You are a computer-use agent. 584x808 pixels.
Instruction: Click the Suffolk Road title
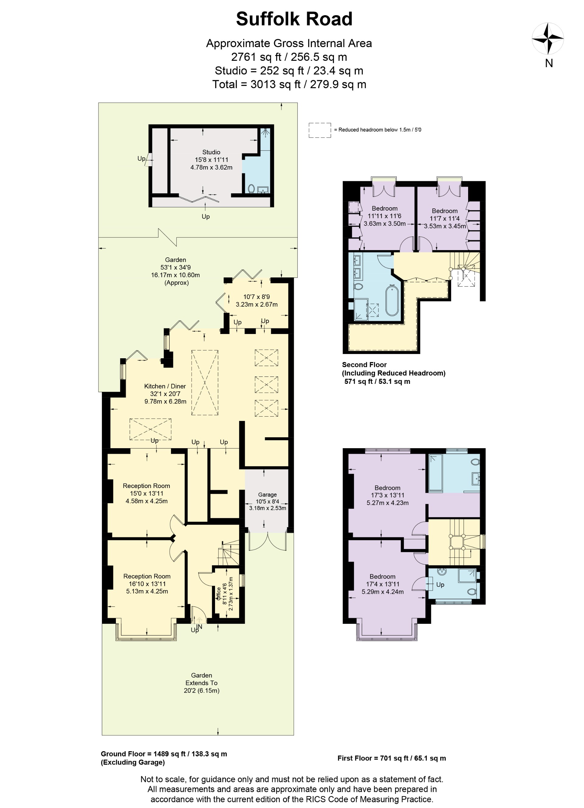click(294, 19)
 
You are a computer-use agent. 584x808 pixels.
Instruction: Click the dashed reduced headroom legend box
click(319, 130)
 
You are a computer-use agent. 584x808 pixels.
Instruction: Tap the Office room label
click(218, 593)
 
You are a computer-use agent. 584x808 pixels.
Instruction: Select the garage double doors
click(267, 542)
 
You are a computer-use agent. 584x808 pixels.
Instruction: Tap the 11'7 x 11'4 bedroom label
click(444, 218)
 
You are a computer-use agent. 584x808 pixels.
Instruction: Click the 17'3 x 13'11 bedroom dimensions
click(387, 495)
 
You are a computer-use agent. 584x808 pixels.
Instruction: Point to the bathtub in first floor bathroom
click(435, 473)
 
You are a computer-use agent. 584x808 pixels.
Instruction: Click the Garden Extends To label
click(201, 683)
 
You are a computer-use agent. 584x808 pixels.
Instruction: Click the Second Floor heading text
click(364, 365)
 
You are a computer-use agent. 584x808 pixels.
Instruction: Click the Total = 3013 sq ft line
click(289, 84)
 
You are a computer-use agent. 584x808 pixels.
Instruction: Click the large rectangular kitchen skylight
click(205, 383)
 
